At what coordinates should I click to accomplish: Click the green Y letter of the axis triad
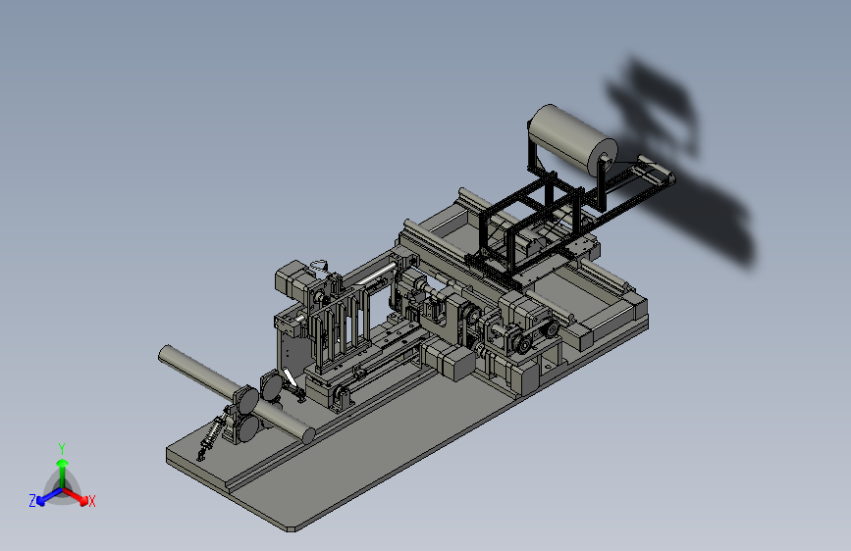(62, 448)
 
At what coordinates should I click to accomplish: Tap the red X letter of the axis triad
(91, 501)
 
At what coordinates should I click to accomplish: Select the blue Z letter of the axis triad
(32, 501)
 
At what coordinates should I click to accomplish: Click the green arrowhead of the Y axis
(63, 463)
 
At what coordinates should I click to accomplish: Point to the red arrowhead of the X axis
(82, 500)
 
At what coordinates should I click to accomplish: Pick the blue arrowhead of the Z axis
(41, 501)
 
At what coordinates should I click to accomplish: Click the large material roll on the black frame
(572, 138)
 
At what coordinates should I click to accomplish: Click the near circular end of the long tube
(308, 435)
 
